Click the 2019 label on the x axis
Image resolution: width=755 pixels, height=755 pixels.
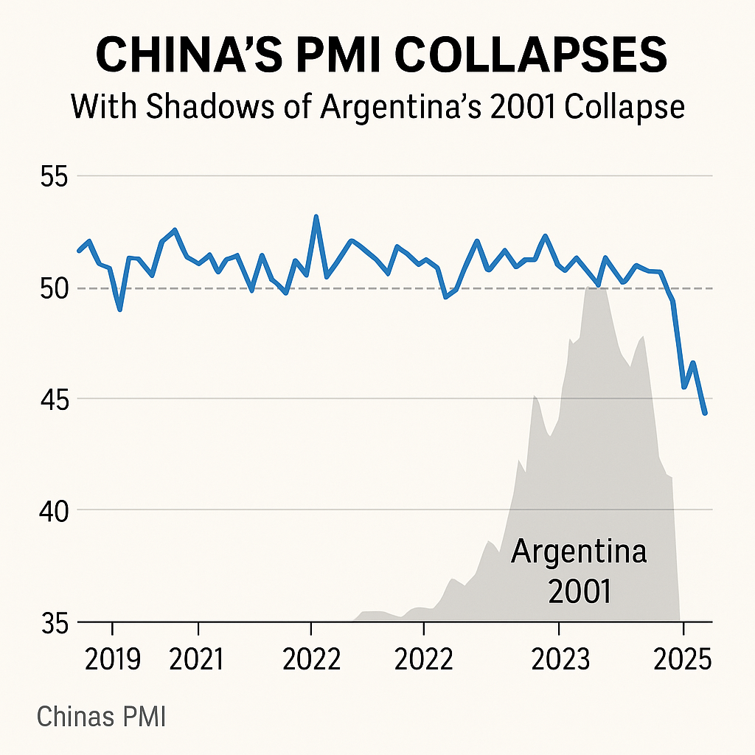(x=113, y=659)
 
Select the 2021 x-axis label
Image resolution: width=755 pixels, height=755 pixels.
(x=196, y=659)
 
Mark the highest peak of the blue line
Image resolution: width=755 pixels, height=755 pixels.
(x=316, y=217)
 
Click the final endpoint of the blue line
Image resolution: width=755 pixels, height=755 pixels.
(x=706, y=414)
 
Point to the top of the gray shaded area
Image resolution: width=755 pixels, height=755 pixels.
(x=596, y=288)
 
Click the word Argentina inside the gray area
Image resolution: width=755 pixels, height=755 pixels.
(x=578, y=552)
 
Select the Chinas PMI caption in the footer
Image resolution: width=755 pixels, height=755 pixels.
(x=101, y=717)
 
